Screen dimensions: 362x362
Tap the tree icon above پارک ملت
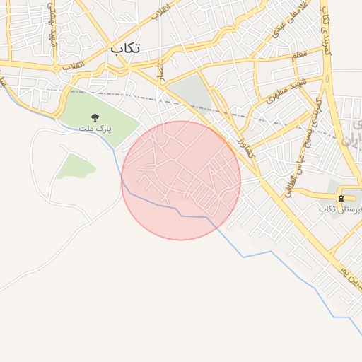click(95, 117)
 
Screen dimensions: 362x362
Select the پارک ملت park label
click(103, 129)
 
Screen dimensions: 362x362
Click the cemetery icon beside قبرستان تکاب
click(341, 198)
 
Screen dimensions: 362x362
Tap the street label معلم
click(299, 54)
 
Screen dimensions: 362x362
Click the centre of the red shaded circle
click(181, 180)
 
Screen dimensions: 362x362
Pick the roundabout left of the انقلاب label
click(55, 68)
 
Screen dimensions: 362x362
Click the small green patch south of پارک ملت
click(76, 166)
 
